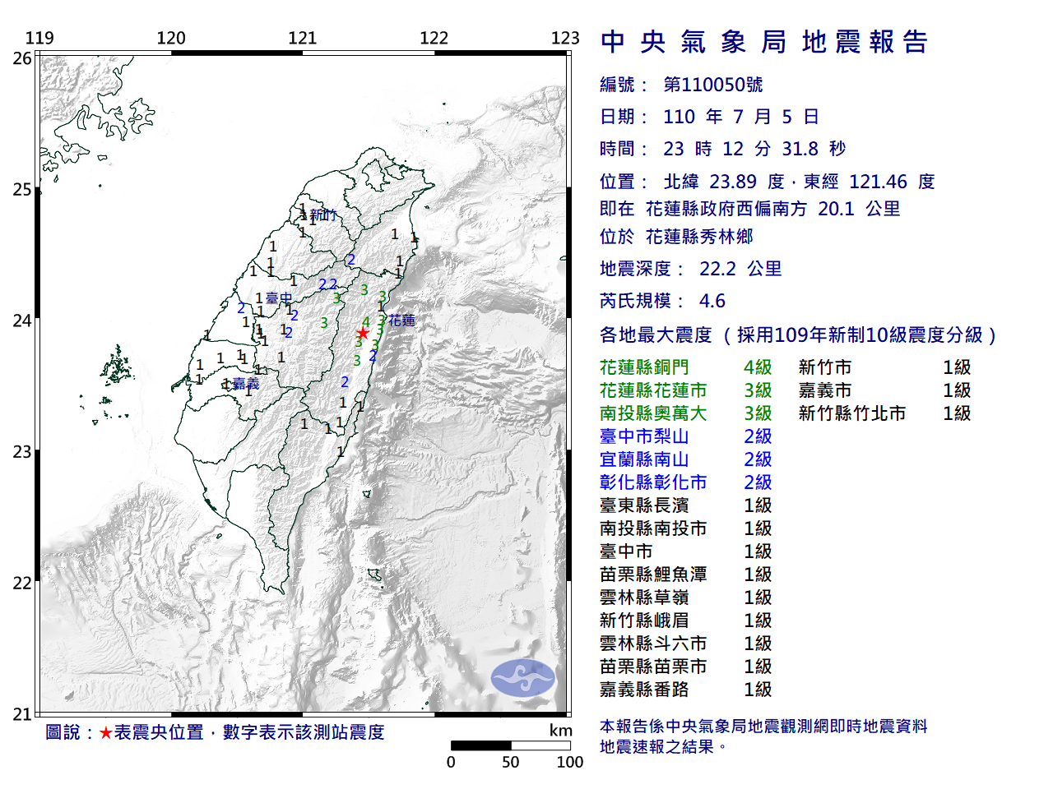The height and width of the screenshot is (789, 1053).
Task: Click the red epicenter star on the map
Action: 362,333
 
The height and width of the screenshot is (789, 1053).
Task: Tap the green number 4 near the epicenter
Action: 366,321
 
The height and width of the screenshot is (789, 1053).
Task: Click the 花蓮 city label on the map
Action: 402,320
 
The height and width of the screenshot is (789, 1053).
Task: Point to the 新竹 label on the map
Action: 323,215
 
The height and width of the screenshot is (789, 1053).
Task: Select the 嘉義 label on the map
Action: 245,383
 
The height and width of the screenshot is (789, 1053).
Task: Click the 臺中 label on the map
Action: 279,298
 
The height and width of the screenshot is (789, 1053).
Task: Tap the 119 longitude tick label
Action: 39,38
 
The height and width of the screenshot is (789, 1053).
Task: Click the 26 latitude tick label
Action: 22,58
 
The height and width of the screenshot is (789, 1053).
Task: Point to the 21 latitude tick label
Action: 22,714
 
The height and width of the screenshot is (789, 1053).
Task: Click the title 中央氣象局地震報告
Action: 764,42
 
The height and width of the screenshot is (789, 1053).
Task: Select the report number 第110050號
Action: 713,85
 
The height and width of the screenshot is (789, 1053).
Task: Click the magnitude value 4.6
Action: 712,301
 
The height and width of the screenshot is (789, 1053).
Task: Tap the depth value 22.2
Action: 717,269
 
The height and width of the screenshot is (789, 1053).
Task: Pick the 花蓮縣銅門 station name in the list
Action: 644,367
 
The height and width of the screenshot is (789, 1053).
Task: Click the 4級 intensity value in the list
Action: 758,367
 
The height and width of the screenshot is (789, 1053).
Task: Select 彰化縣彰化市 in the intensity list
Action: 653,482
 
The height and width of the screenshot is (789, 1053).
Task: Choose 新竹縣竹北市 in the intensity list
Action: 851,413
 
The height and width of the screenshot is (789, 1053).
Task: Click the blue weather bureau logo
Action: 523,678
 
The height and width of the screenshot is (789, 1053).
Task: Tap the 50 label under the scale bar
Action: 511,762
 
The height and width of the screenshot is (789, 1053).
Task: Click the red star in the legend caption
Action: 106,732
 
